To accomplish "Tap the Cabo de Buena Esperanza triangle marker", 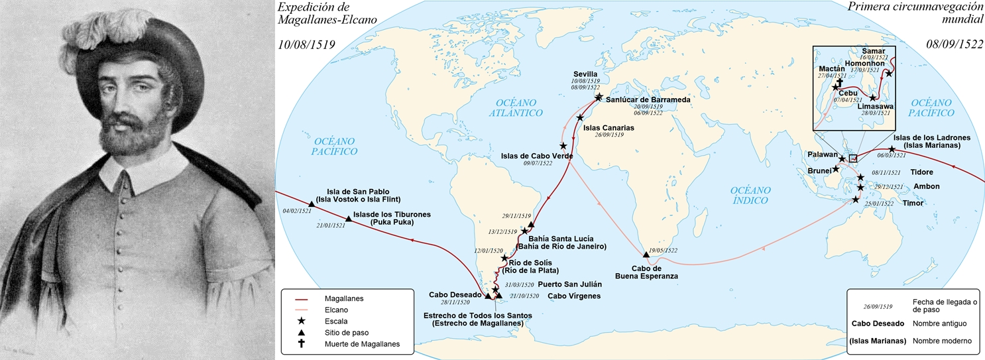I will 646,254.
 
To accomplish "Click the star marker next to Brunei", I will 836,169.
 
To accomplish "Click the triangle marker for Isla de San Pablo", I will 312,204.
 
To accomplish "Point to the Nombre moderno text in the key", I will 941,341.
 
